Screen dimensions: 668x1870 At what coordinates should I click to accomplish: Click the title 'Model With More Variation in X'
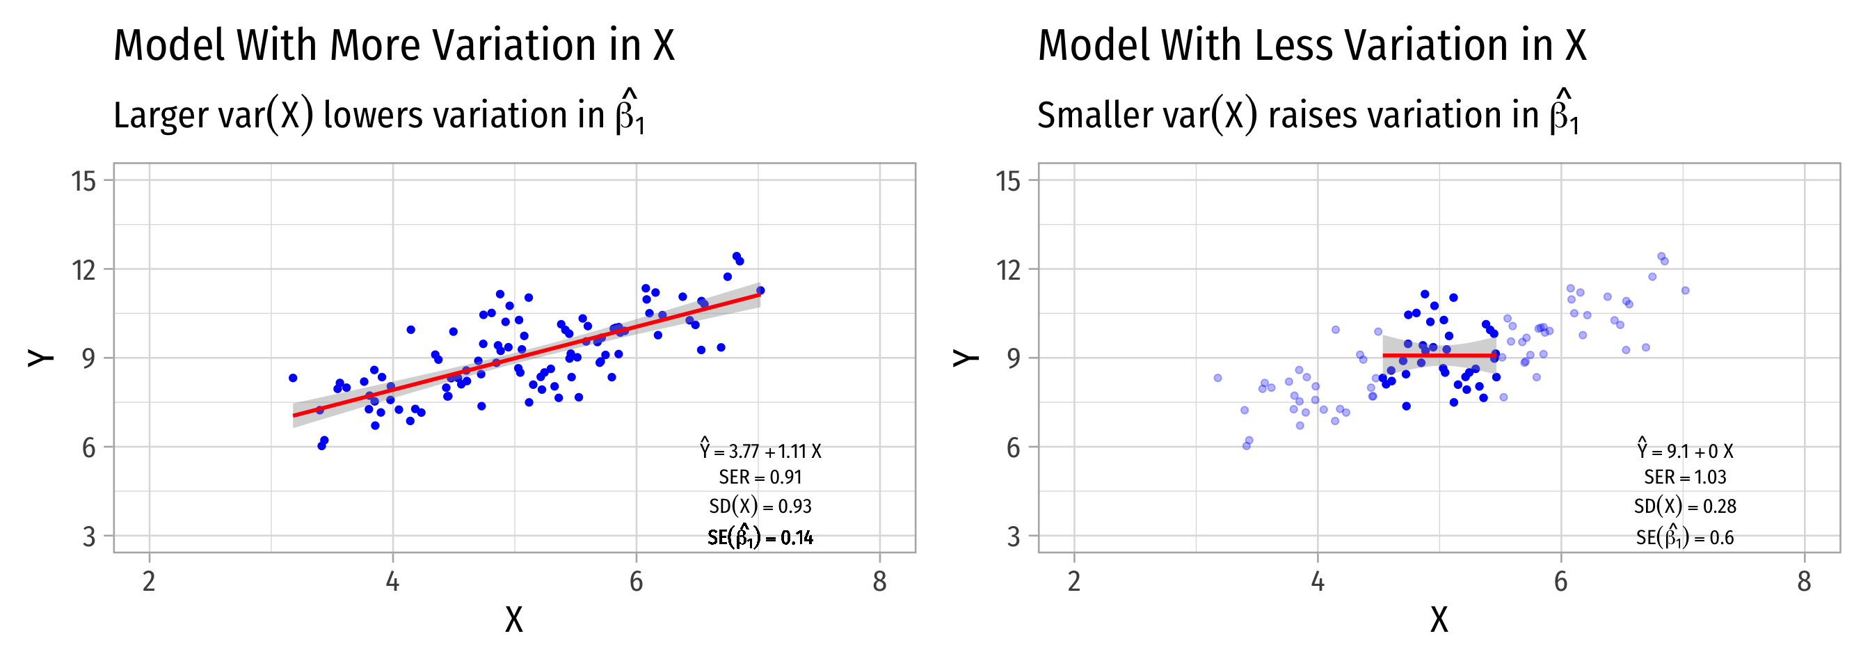394,45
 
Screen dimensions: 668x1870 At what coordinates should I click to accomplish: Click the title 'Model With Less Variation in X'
1312,45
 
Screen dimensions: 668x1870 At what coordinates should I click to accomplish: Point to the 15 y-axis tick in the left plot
84,181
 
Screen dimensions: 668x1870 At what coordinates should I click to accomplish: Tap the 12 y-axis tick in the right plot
1009,270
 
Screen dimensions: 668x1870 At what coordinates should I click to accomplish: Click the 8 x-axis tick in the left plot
880,582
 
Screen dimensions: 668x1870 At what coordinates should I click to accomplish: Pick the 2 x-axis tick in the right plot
1074,582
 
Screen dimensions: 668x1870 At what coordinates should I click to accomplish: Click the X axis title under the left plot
514,620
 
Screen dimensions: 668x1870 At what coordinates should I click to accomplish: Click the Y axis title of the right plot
966,357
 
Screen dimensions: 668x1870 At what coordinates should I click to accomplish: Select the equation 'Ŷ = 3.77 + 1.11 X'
761,451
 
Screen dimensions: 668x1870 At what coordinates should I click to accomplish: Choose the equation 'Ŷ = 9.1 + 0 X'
1685,451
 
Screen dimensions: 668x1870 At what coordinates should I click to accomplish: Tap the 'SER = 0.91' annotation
761,477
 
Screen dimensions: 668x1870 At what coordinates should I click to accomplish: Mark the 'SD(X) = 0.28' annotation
1685,506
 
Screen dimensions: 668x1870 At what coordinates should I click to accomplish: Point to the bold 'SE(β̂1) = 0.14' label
761,537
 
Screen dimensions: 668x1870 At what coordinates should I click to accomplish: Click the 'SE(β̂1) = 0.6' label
1685,537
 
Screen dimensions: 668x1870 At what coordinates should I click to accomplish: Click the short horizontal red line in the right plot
1439,355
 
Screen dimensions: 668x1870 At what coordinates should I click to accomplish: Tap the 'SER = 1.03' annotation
1685,477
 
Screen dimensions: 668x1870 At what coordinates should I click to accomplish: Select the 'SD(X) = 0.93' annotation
761,506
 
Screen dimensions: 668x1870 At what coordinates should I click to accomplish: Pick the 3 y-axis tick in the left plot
88,536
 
